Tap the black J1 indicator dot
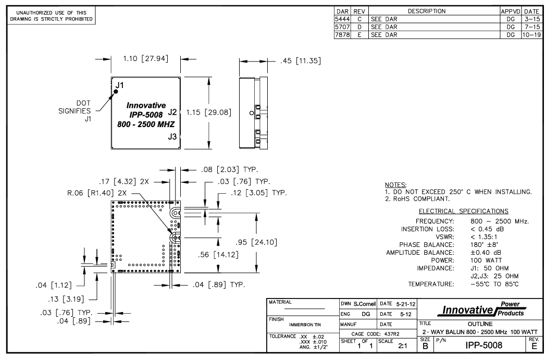[116, 92]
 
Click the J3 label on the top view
[172, 136]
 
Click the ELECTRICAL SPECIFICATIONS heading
[464, 211]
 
